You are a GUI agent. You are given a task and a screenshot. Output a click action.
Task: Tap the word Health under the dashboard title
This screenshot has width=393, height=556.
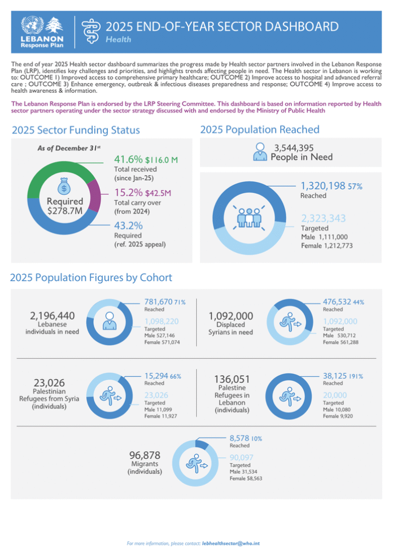pos(119,40)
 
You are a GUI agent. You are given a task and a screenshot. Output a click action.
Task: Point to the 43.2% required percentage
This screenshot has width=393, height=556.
pos(128,225)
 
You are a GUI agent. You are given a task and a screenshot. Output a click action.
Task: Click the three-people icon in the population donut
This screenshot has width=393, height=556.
pos(248,217)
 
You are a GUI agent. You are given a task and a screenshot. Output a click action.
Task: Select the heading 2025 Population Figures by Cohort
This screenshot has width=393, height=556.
pos(91,277)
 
